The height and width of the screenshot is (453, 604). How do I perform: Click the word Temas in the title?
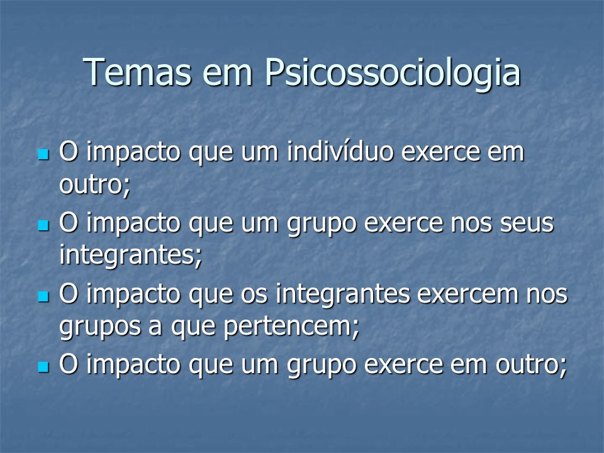pyautogui.click(x=137, y=72)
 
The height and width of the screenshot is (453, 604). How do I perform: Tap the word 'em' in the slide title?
pyautogui.click(x=228, y=75)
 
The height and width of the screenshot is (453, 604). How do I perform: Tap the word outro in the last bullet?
pyautogui.click(x=527, y=364)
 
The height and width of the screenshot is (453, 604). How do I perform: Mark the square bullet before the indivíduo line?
pyautogui.click(x=43, y=155)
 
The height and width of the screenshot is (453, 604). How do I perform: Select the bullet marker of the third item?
pyautogui.click(x=43, y=296)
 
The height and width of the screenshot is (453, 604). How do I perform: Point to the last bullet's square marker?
pyautogui.click(x=43, y=367)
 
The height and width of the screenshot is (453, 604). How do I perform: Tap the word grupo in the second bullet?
pyautogui.click(x=322, y=226)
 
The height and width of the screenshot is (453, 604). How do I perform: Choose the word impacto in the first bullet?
pyautogui.click(x=133, y=153)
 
